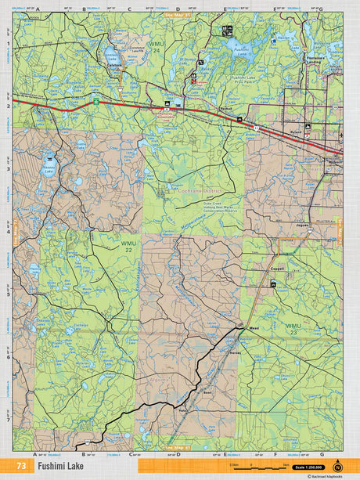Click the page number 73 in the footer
coord(21,466)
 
